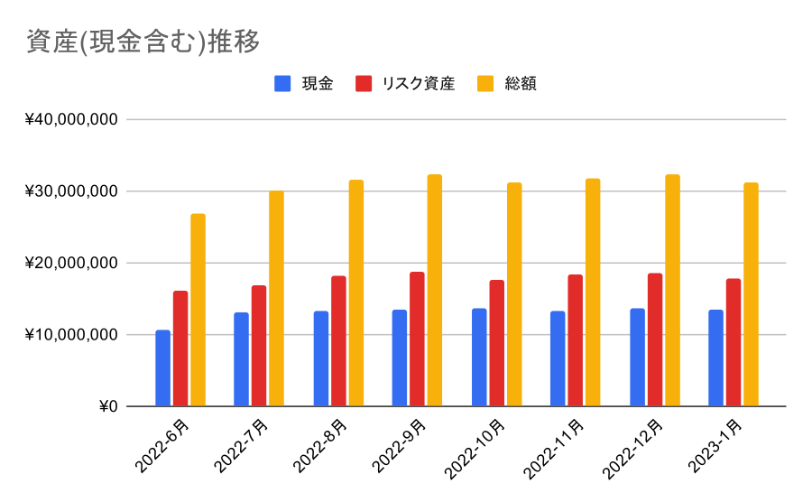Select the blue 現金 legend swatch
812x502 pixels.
pyautogui.click(x=282, y=84)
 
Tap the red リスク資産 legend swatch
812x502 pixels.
pyautogui.click(x=364, y=84)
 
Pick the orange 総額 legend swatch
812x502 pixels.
pyautogui.click(x=485, y=84)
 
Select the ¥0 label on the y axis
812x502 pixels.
pyautogui.click(x=107, y=406)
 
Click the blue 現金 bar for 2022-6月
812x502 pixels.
pyautogui.click(x=162, y=368)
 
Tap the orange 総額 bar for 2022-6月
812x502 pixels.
pyautogui.click(x=198, y=310)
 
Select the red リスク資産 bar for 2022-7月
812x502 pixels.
pyautogui.click(x=259, y=346)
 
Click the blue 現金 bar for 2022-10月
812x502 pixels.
pyautogui.click(x=479, y=358)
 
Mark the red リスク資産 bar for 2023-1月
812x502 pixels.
pyautogui.click(x=734, y=342)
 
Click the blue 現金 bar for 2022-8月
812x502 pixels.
pyautogui.click(x=321, y=358)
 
